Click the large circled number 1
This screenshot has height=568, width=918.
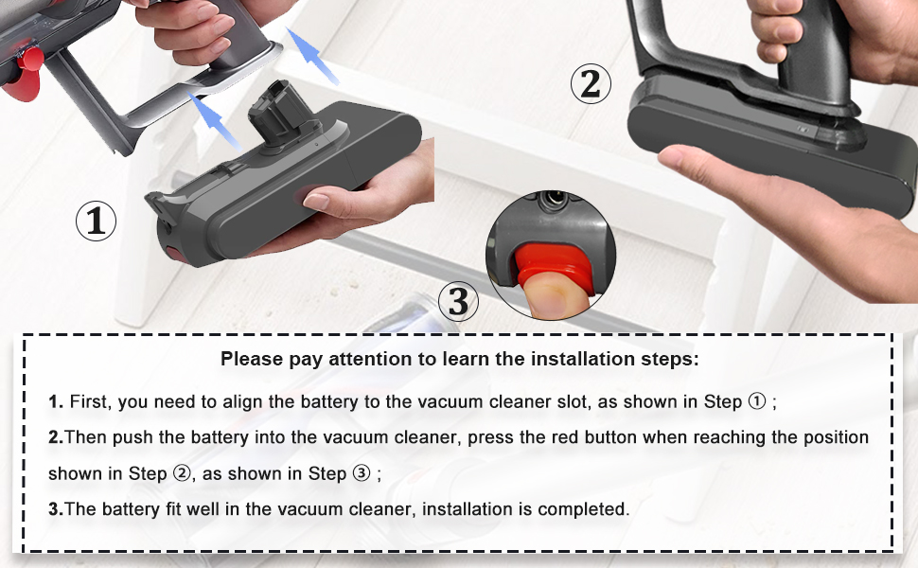(96, 222)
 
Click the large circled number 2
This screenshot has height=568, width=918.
(590, 85)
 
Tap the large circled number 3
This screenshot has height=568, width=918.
(459, 302)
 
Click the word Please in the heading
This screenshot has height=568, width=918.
(250, 360)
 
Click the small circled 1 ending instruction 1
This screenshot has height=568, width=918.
(756, 401)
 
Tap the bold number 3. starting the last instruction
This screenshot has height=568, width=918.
(55, 509)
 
